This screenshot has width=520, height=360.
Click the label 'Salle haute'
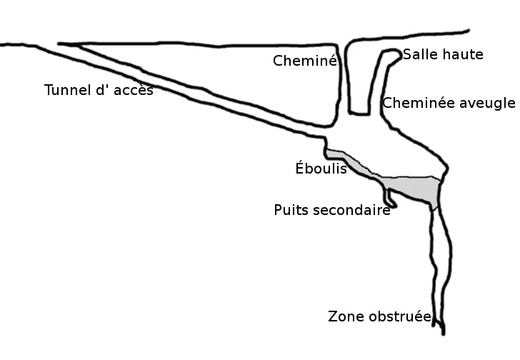pos(443,54)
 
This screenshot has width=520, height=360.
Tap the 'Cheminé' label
pos(305,61)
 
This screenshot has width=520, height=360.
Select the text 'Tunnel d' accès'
pos(99,90)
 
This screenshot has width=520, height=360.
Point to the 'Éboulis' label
pos(321,168)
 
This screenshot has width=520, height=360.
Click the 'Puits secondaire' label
pos(332,210)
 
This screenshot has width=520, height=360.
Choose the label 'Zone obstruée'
pos(380,316)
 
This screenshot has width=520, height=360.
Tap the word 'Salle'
pos(419,54)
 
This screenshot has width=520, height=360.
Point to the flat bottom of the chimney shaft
pos(359,114)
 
